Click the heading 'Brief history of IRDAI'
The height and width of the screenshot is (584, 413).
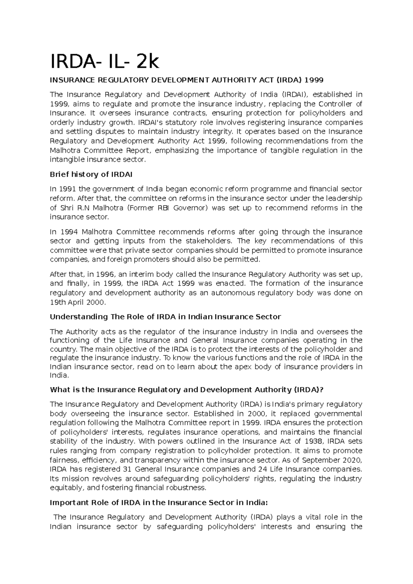tap(91, 175)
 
